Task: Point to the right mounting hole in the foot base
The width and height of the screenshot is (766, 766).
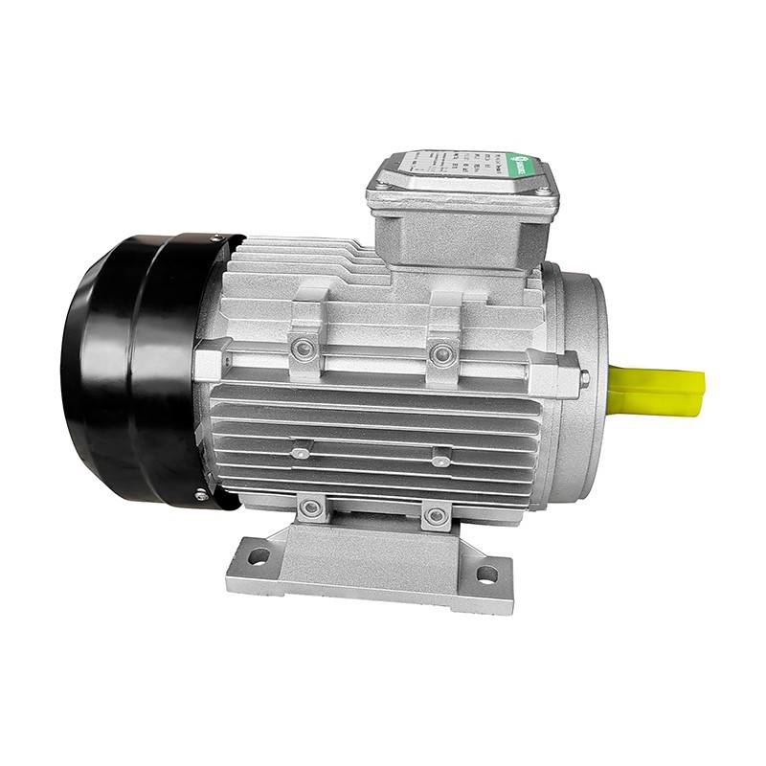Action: [x=487, y=574]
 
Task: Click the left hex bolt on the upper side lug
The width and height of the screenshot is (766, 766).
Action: [x=304, y=349]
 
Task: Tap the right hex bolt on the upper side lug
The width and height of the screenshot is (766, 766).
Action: [x=441, y=355]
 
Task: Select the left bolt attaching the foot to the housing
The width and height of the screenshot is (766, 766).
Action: [x=311, y=508]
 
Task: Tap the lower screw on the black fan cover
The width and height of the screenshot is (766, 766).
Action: [x=199, y=495]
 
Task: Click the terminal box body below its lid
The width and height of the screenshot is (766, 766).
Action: [x=460, y=235]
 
